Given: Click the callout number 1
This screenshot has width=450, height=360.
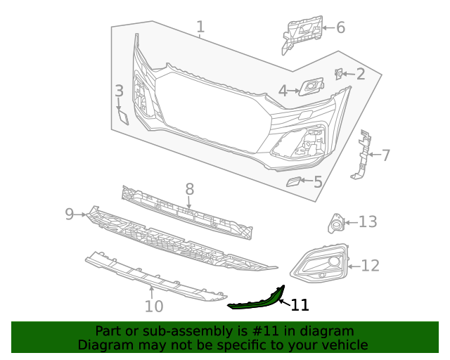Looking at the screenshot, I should (200, 27).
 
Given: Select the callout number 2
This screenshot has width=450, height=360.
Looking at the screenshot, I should (360, 74).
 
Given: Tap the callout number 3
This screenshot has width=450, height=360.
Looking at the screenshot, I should (120, 91).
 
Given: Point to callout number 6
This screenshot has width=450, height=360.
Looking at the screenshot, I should (340, 27).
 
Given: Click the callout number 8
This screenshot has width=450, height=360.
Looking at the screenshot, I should (189, 188).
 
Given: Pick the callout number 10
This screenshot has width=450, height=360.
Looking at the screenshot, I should (154, 306).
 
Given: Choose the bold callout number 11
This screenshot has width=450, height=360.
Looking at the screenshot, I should (300, 305).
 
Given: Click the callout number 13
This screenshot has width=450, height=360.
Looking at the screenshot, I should (368, 222).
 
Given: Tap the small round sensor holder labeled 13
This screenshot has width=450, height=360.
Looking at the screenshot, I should (336, 224).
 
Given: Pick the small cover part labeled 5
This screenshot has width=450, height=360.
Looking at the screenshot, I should (292, 182).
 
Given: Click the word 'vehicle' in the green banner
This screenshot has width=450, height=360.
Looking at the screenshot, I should (344, 345).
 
